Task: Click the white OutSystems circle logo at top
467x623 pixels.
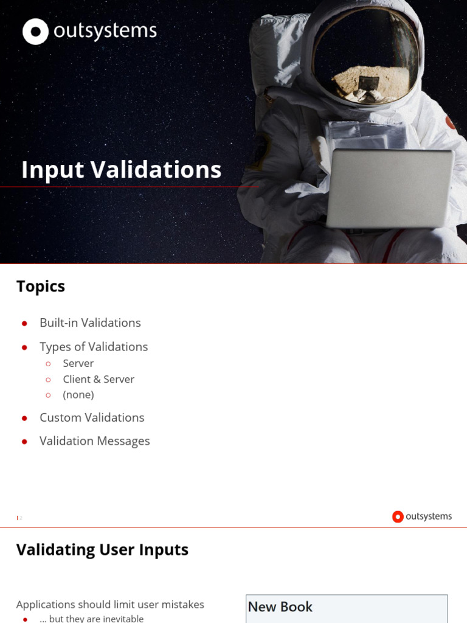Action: pyautogui.click(x=35, y=32)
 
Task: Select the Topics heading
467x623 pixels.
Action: pyautogui.click(x=41, y=287)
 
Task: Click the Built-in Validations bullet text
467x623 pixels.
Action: pyautogui.click(x=90, y=323)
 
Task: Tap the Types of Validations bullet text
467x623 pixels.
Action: pyautogui.click(x=94, y=347)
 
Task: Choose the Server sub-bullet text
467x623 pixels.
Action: pyautogui.click(x=78, y=363)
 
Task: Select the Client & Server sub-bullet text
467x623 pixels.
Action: pyautogui.click(x=99, y=379)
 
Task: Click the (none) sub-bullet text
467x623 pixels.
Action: pyautogui.click(x=78, y=395)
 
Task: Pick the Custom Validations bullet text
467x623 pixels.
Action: pyautogui.click(x=92, y=417)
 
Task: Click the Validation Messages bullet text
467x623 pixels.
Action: pyautogui.click(x=94, y=441)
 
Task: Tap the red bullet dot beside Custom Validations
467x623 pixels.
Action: pyautogui.click(x=24, y=418)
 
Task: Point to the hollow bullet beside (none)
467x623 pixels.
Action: pyautogui.click(x=48, y=395)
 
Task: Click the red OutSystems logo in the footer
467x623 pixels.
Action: pyautogui.click(x=398, y=517)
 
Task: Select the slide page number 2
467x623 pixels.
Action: pyautogui.click(x=21, y=518)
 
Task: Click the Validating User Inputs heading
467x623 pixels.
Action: pyautogui.click(x=102, y=550)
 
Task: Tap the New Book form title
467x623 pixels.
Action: pyautogui.click(x=280, y=607)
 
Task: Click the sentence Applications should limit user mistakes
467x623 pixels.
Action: pyautogui.click(x=110, y=604)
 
